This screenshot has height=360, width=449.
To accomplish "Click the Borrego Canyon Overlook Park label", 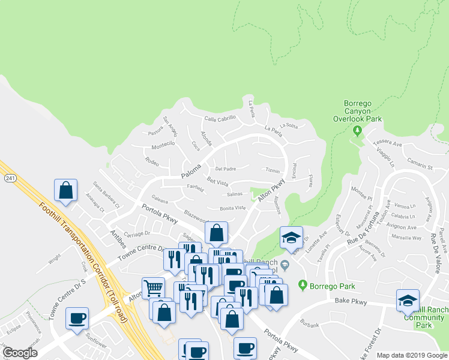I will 357,111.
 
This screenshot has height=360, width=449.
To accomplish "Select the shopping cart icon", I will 153,288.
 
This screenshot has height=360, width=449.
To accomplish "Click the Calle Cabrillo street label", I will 220,119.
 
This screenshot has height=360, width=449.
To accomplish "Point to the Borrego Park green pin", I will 303,284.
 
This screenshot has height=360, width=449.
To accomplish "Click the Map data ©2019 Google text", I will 412,355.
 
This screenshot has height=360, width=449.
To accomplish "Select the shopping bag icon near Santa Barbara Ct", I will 66,190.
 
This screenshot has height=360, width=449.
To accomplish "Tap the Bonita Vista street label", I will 232,208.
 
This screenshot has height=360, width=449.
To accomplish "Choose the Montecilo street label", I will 163,144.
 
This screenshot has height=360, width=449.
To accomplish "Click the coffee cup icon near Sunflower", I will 77,318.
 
